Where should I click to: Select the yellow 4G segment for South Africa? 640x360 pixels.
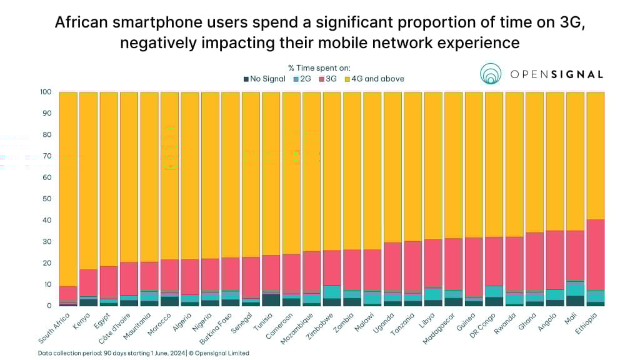tap(68, 187)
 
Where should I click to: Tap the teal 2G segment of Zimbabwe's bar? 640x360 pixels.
tap(332, 292)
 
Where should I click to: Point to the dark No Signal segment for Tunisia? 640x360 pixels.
tap(271, 300)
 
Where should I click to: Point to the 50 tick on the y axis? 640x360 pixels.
tap(46, 199)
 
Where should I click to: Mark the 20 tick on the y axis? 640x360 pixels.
tap(46, 263)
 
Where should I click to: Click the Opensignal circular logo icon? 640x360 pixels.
tap(491, 74)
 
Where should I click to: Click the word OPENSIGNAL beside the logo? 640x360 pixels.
tap(556, 74)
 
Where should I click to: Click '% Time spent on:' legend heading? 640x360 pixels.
tap(319, 67)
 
